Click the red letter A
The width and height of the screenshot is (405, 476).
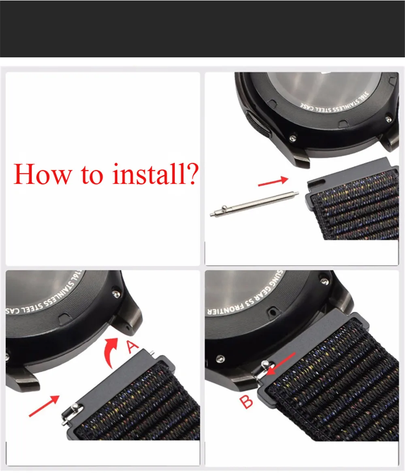pos(132,347)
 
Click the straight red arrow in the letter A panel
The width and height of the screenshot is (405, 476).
pos(45,406)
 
